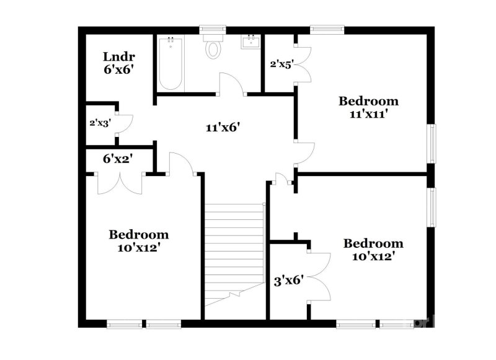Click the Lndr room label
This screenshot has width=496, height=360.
(x=115, y=56)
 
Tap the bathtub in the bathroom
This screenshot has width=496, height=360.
(x=170, y=64)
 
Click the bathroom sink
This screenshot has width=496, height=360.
(x=252, y=42)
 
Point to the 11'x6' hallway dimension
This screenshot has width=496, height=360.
(x=223, y=128)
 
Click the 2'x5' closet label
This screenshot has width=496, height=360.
(x=280, y=63)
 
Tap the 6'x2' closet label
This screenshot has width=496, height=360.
(x=118, y=159)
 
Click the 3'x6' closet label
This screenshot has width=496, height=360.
(x=288, y=280)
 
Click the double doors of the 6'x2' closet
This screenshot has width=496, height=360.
(x=121, y=184)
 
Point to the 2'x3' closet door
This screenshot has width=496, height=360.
(x=124, y=123)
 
